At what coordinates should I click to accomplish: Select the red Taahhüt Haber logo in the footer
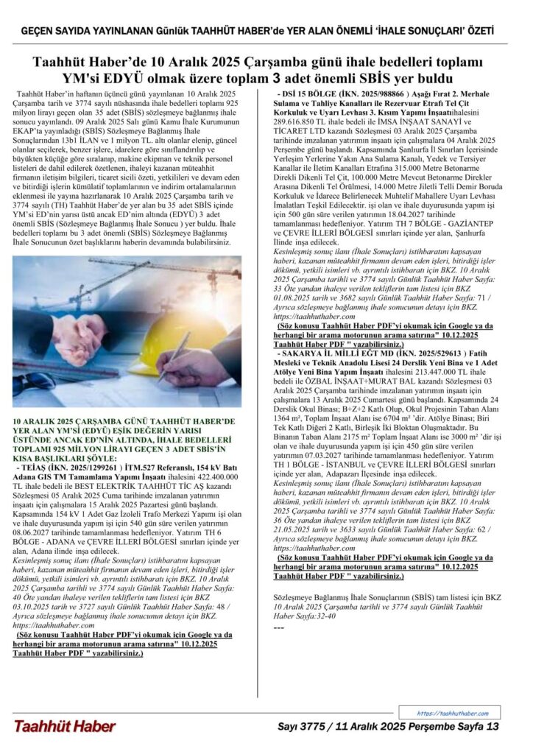64,727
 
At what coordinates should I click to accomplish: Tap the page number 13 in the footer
493,727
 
